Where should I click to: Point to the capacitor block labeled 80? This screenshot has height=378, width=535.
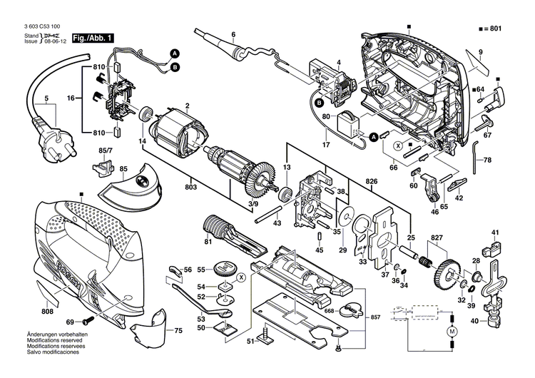[x=350, y=126]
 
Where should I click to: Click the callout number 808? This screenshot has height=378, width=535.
[x=47, y=312]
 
